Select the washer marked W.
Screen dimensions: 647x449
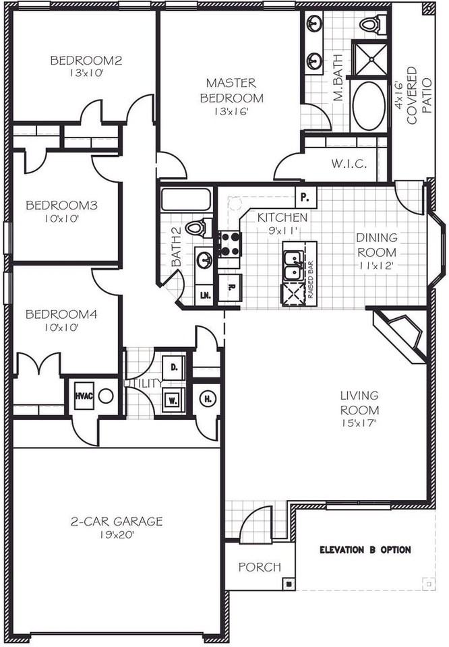(x=173, y=399)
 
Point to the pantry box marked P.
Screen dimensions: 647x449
(x=305, y=198)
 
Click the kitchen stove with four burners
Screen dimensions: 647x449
(x=229, y=243)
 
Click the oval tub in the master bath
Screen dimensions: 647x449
(x=369, y=106)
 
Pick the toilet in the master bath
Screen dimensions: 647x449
(x=369, y=25)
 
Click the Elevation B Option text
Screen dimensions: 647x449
(x=365, y=550)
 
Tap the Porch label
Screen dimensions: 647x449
(x=260, y=567)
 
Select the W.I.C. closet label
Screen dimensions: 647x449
(x=349, y=164)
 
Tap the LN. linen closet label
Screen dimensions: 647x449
(x=204, y=295)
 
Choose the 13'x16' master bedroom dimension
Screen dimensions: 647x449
(x=231, y=113)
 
